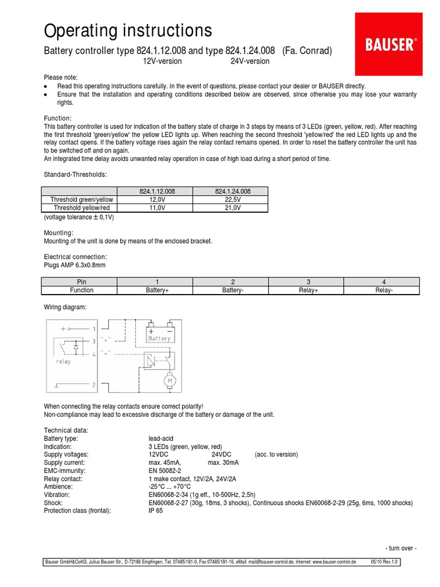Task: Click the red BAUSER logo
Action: click(x=391, y=44)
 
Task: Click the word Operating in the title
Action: click(x=81, y=30)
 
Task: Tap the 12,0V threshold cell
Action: click(x=155, y=199)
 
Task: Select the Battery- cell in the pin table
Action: click(x=232, y=290)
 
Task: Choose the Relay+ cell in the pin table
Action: click(x=308, y=290)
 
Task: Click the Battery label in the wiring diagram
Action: click(x=159, y=339)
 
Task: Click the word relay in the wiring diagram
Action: click(x=63, y=362)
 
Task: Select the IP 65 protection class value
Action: click(x=155, y=510)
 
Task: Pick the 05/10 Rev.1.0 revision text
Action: click(x=384, y=562)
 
